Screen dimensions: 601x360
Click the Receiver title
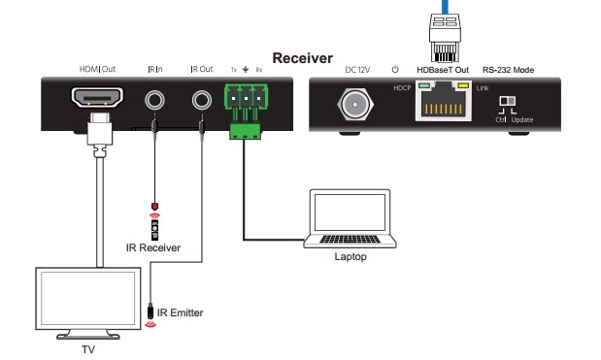(x=302, y=58)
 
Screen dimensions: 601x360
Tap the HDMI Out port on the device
(x=97, y=98)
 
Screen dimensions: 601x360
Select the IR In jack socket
(x=154, y=100)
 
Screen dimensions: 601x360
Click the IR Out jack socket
(x=202, y=100)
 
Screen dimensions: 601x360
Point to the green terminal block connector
(x=246, y=111)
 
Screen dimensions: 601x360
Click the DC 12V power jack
(x=355, y=104)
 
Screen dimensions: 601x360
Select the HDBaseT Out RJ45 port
(x=443, y=102)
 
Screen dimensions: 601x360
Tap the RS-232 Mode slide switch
(x=507, y=101)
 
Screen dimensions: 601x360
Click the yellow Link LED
(x=463, y=85)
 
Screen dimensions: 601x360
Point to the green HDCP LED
(x=423, y=85)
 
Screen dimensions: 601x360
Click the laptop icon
(x=350, y=218)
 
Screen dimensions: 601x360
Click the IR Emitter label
(x=181, y=312)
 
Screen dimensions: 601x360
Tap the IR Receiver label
(x=153, y=247)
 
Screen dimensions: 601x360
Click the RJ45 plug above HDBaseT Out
(x=445, y=38)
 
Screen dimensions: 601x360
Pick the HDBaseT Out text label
(x=443, y=70)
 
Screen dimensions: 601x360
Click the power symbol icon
(x=395, y=69)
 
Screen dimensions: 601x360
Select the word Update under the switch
(x=522, y=120)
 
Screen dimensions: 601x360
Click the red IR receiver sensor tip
(x=154, y=207)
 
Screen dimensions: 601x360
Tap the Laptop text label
(x=351, y=256)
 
